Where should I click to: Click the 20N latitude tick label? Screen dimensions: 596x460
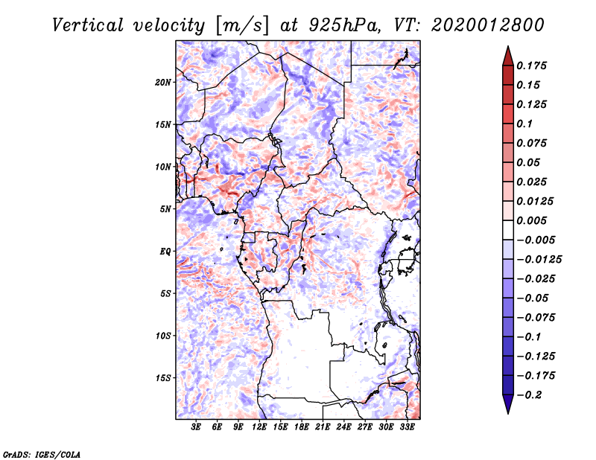point(163,83)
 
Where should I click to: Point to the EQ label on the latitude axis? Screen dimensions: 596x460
point(165,252)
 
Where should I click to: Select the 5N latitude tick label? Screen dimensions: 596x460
point(165,209)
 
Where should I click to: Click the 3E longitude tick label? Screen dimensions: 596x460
point(196,427)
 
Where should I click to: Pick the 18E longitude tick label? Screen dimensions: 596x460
point(302,427)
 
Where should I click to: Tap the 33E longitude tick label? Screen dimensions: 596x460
point(407,427)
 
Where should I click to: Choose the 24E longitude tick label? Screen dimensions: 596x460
point(343,427)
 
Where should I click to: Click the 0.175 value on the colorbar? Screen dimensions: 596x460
point(531,66)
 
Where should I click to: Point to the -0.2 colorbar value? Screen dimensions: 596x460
point(529,395)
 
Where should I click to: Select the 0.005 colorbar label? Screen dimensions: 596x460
point(531,220)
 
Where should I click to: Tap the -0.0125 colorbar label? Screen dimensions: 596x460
point(539,260)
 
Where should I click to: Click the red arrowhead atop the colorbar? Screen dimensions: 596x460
point(508,57)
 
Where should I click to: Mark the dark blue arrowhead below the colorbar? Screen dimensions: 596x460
point(508,403)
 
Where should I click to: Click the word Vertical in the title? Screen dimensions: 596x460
point(88,25)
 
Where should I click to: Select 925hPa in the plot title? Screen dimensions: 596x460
point(344,25)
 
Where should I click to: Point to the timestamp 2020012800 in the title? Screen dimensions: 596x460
point(488,25)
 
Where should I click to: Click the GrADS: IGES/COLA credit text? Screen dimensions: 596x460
point(42,454)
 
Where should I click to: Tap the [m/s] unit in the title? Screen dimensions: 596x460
point(242,26)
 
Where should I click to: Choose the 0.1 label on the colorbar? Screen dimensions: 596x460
point(524,124)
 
